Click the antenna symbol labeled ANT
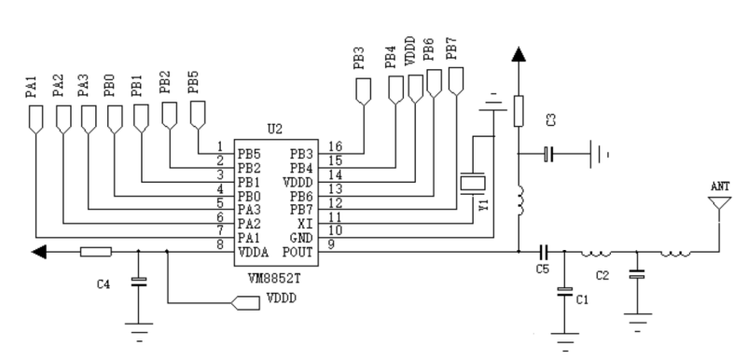[719, 204]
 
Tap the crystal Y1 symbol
[473, 184]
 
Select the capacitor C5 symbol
[544, 251]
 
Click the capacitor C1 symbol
[565, 292]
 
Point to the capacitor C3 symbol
[548, 154]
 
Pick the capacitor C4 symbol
[139, 282]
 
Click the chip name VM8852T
[274, 278]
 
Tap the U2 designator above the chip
[274, 129]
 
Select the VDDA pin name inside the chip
[253, 252]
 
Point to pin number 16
[336, 146]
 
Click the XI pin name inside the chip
[305, 224]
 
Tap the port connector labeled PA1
[36, 120]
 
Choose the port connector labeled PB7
[456, 81]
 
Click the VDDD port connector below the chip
[245, 303]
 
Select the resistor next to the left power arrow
[96, 252]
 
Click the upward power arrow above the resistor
[519, 54]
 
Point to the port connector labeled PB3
[364, 92]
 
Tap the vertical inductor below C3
[519, 200]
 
